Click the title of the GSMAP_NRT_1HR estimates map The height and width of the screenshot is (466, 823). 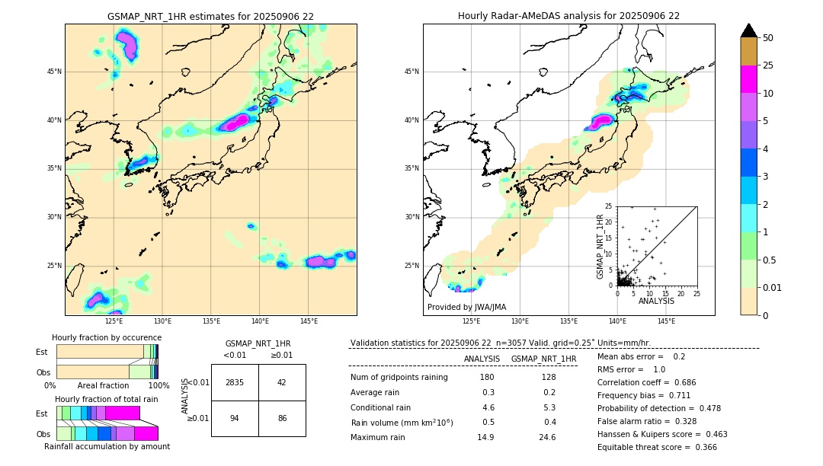[210, 16]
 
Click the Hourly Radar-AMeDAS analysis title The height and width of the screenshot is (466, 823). [568, 16]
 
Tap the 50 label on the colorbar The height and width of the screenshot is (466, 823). [768, 38]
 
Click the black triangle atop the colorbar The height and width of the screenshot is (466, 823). [749, 30]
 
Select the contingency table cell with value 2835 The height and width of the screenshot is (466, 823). [235, 382]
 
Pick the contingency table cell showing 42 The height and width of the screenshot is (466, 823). [282, 382]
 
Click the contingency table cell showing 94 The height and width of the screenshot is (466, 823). [235, 418]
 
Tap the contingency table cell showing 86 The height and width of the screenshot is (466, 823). [282, 418]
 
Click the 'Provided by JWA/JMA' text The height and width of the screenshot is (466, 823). [466, 308]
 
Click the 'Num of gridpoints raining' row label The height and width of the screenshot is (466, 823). [399, 378]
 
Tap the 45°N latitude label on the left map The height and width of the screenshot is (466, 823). [54, 72]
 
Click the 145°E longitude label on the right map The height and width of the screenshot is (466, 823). [666, 321]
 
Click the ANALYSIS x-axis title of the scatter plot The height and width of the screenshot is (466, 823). [656, 301]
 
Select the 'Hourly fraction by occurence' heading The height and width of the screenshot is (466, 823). [107, 337]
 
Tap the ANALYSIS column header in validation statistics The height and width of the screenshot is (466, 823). [482, 359]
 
